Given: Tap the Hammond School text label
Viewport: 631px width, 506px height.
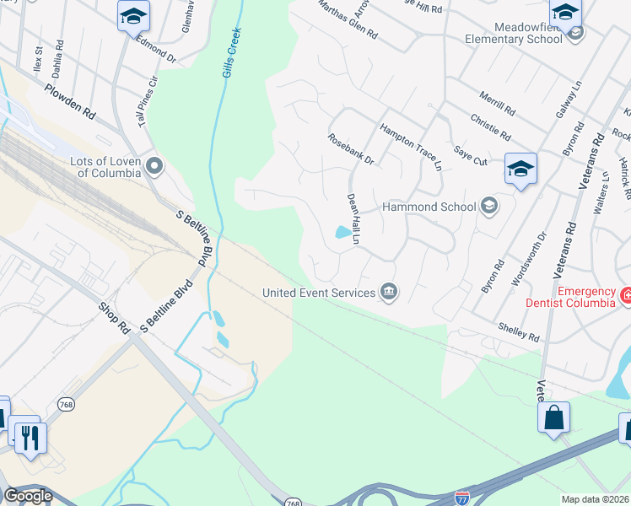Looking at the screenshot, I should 429,207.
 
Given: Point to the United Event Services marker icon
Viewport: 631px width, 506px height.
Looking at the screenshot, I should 388,293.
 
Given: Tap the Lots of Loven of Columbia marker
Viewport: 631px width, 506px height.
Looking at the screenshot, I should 154,165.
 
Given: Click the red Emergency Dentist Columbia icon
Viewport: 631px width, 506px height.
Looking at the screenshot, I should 625,296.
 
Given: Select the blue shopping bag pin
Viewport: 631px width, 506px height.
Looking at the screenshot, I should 553,418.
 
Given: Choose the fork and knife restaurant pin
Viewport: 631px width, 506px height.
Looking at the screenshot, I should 30,438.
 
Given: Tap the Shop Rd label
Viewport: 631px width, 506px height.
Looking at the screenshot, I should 112,317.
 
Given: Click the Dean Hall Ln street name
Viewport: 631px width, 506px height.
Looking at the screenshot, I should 353,218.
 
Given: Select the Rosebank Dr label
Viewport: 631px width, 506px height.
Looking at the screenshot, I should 350,148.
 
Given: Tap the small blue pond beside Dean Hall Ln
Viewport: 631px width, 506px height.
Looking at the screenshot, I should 342,232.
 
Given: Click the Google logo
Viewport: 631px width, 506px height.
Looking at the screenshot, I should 29,496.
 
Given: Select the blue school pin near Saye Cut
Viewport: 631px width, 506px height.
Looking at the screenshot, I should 520,169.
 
